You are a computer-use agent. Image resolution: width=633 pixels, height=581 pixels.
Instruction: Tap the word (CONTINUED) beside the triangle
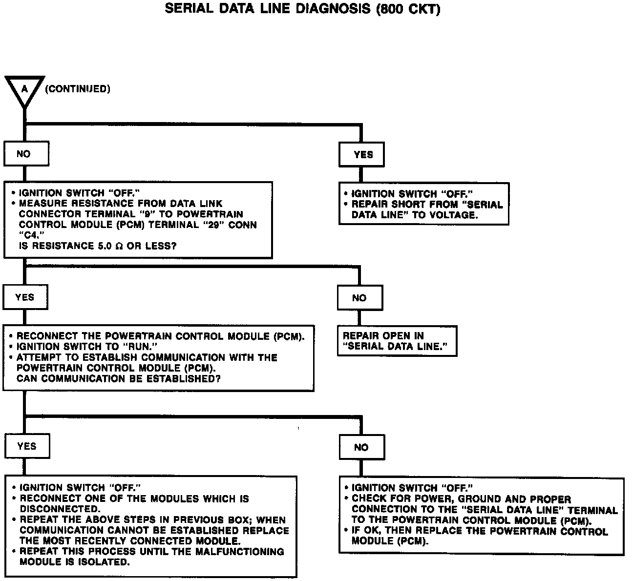click(78, 89)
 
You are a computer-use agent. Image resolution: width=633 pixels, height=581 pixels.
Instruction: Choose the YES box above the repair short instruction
click(362, 155)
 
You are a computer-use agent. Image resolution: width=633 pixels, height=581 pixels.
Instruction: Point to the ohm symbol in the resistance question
click(118, 246)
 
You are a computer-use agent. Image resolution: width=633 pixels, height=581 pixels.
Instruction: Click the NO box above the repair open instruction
click(359, 298)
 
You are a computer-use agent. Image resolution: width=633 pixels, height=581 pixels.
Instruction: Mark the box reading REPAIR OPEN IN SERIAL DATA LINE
click(397, 341)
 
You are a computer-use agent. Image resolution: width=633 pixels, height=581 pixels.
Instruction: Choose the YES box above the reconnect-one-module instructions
click(26, 446)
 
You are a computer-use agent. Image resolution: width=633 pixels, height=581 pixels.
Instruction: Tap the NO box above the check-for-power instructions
click(361, 447)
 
